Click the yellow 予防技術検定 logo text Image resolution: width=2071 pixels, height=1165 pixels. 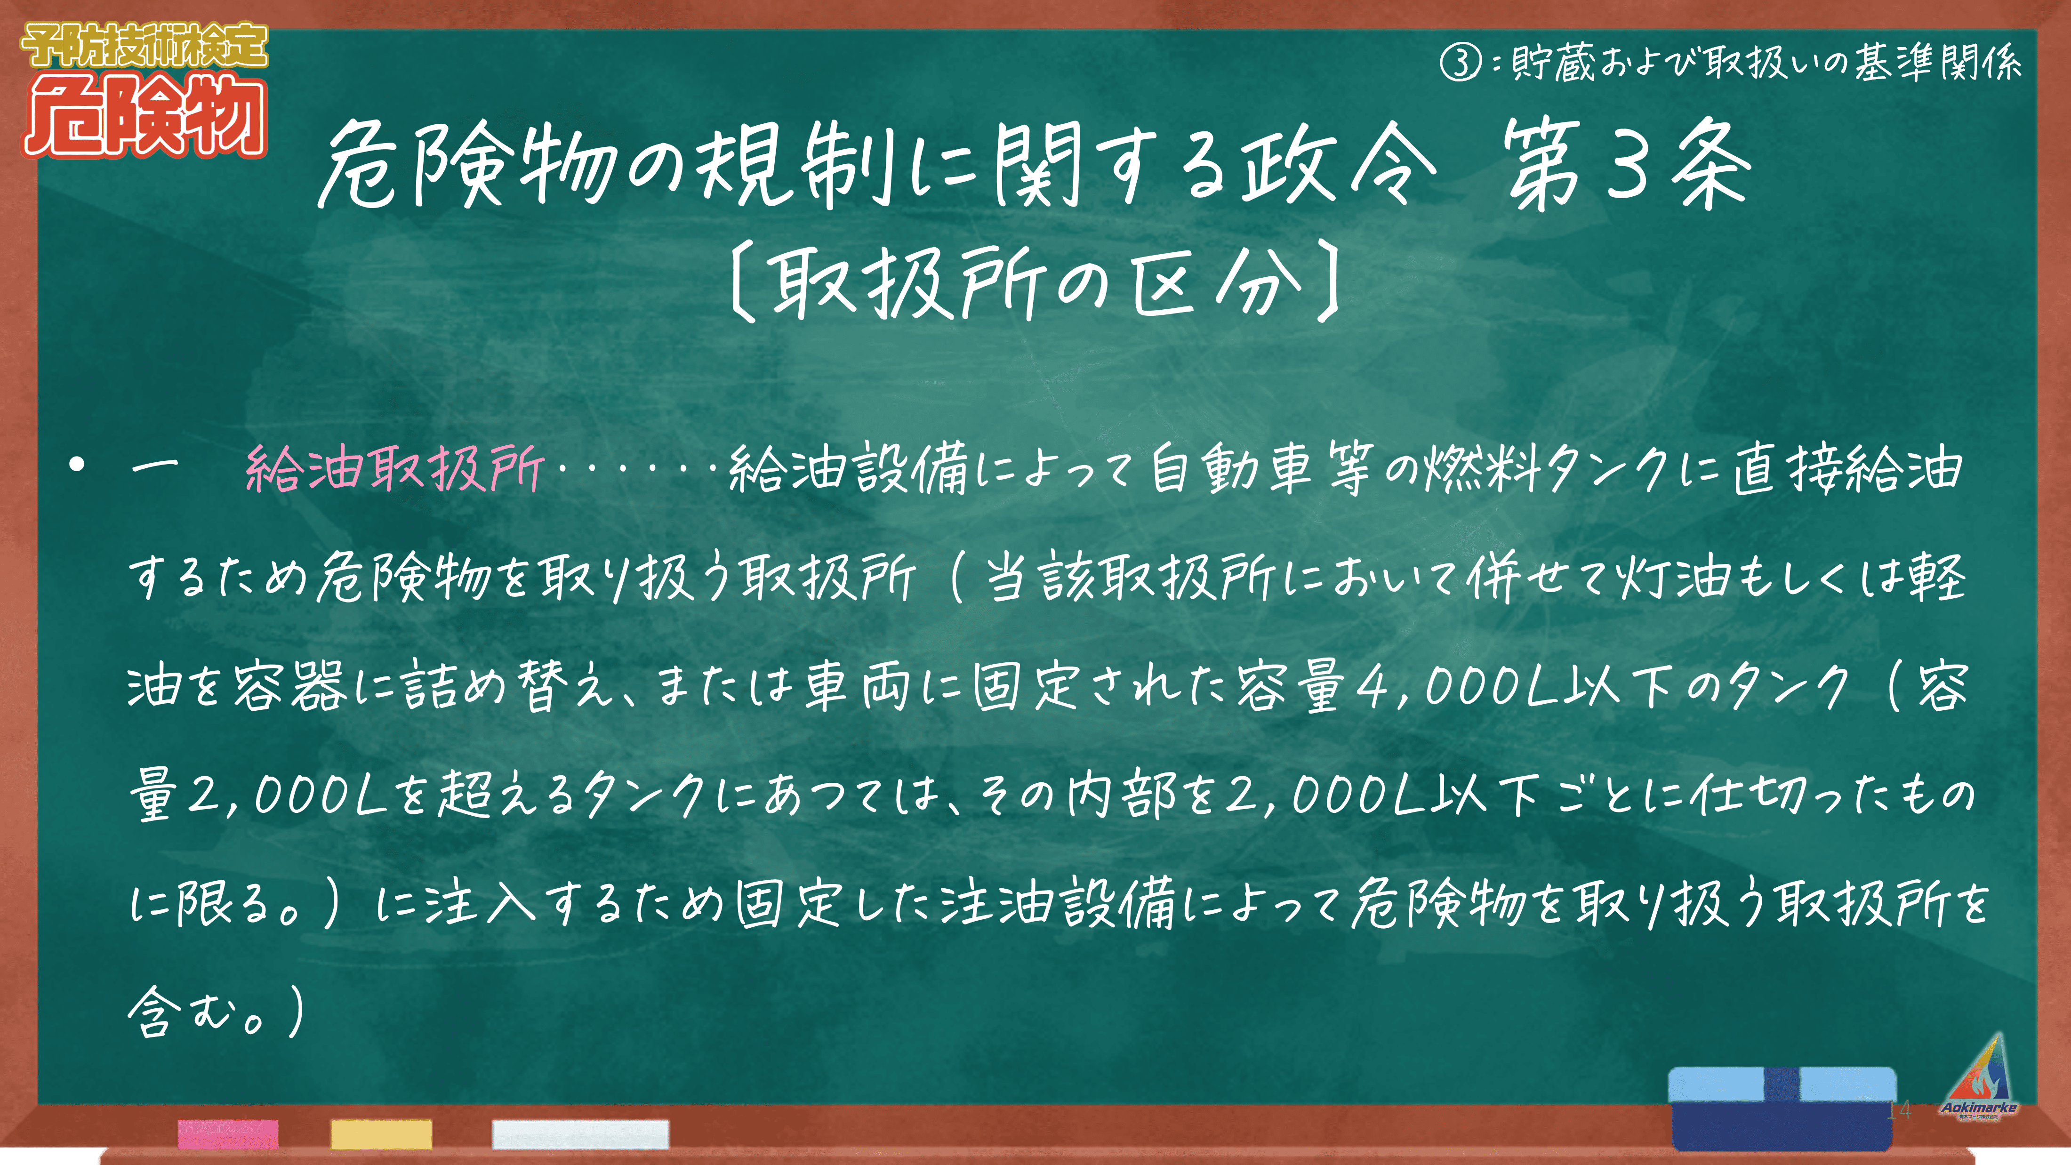tap(144, 45)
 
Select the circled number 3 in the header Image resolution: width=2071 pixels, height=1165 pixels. tap(1460, 62)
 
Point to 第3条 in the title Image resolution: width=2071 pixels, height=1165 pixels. tap(1628, 165)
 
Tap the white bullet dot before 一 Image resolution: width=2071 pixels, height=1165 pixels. tap(77, 465)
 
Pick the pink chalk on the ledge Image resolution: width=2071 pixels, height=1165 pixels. tap(228, 1133)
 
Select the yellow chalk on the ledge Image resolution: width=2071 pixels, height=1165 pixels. tap(381, 1133)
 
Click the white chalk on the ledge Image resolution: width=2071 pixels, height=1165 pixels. tap(580, 1133)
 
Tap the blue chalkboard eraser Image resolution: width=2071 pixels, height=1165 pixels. tap(1782, 1108)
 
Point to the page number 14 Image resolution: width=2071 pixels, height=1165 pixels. tap(1898, 1110)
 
